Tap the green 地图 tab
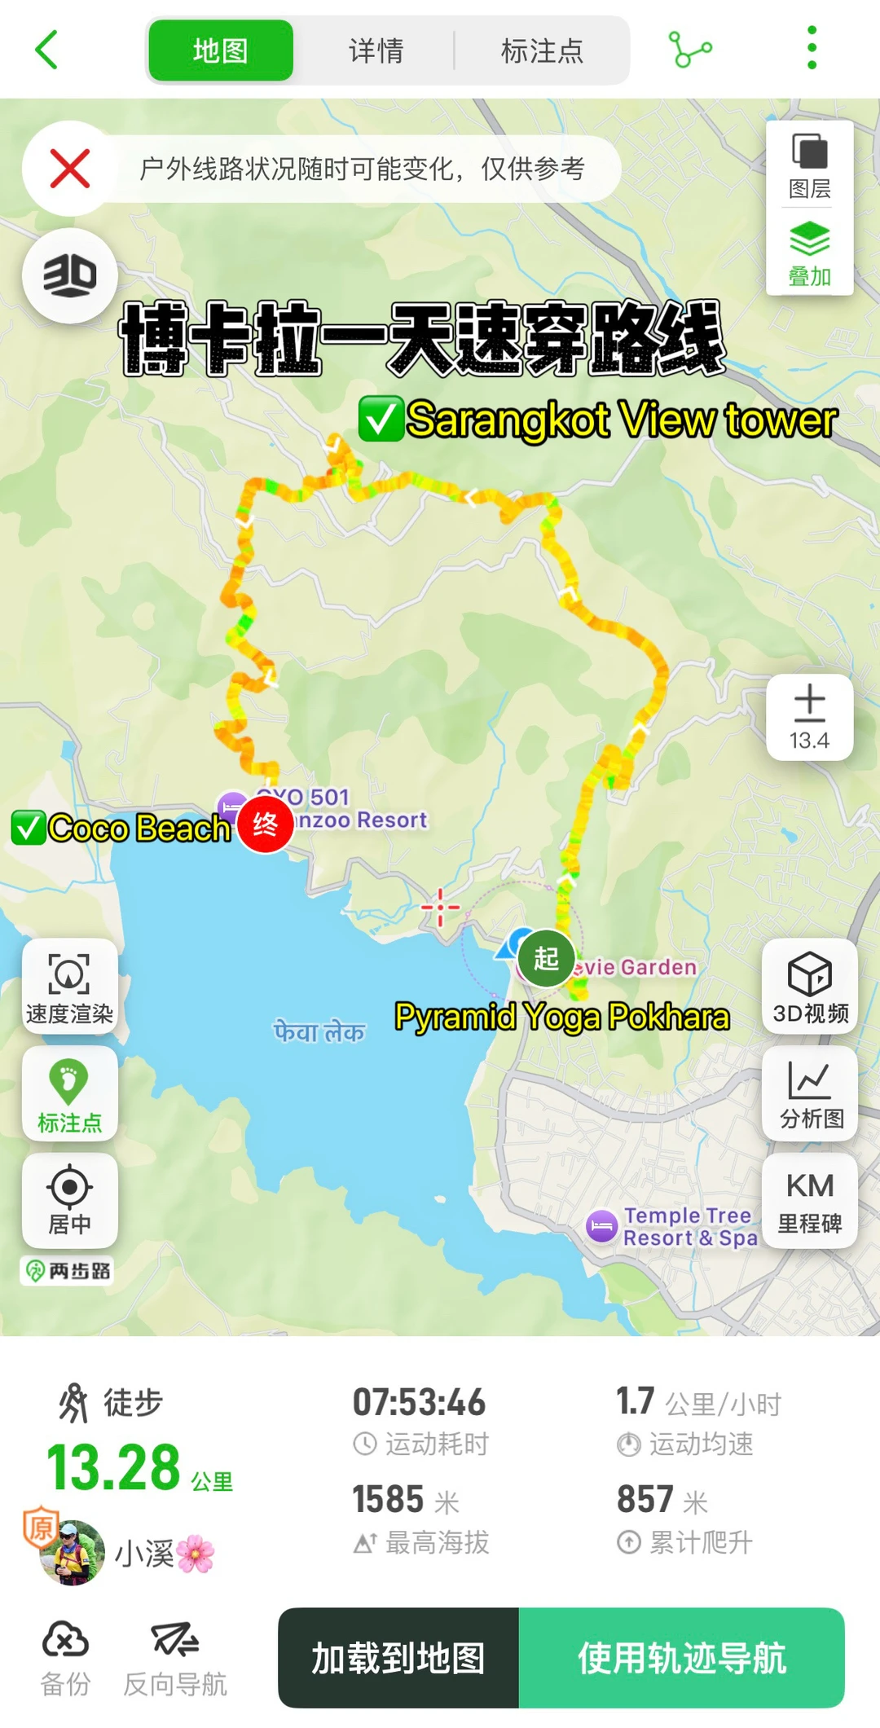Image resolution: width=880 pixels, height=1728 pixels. tap(220, 51)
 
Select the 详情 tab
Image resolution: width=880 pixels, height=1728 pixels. tap(376, 51)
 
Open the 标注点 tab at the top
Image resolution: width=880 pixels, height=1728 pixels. tap(542, 51)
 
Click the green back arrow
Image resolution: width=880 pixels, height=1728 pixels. tap(47, 50)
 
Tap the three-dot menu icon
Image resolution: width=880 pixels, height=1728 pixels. tap(811, 48)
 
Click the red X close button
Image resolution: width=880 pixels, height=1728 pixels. tap(70, 169)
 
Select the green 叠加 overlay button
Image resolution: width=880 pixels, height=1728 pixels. tap(809, 253)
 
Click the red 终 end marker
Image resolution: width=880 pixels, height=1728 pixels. tap(265, 824)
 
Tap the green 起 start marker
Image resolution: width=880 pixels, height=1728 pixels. tap(546, 958)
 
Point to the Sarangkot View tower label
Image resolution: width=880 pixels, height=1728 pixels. tap(621, 420)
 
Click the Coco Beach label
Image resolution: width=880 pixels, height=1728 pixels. tap(139, 829)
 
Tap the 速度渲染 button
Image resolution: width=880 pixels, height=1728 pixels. tap(69, 987)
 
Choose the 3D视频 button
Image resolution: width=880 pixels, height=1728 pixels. tap(810, 987)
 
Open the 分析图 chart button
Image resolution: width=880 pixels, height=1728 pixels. tap(810, 1093)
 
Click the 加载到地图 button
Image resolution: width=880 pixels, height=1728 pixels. tap(398, 1658)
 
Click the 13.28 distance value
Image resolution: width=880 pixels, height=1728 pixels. tap(114, 1467)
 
